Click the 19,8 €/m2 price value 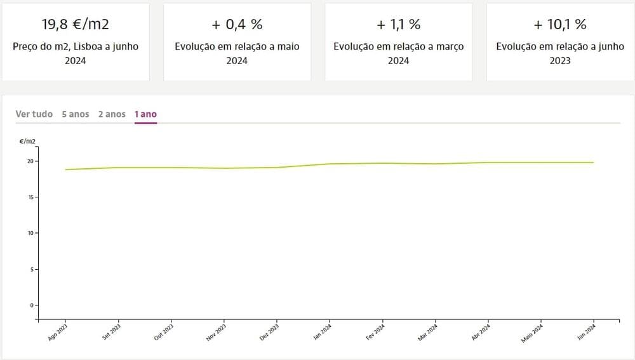[x=76, y=25]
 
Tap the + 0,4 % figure [x=237, y=25]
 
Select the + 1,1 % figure [x=398, y=25]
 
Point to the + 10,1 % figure [x=559, y=25]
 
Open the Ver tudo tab [x=34, y=114]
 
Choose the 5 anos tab [x=76, y=114]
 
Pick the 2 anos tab [x=112, y=114]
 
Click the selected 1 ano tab [x=145, y=114]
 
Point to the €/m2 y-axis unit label [x=27, y=141]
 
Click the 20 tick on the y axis [x=30, y=161]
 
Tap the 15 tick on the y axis [x=30, y=197]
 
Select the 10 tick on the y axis [x=30, y=233]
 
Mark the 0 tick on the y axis [x=31, y=305]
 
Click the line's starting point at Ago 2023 [x=66, y=170]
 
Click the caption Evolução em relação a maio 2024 [x=237, y=53]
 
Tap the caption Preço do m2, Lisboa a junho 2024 [x=76, y=53]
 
